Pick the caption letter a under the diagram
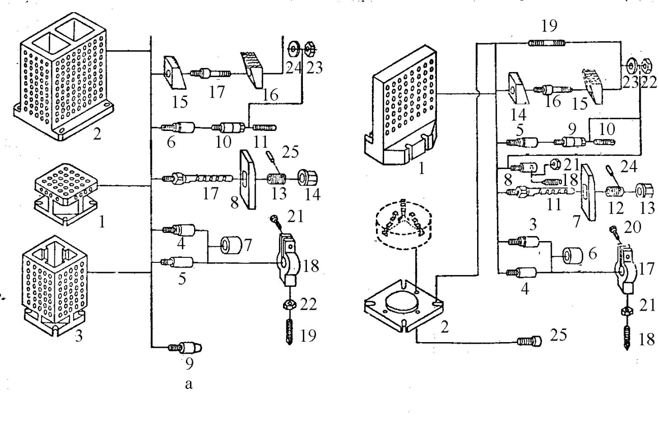189,384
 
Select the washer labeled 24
293,50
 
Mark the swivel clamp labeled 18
287,261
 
